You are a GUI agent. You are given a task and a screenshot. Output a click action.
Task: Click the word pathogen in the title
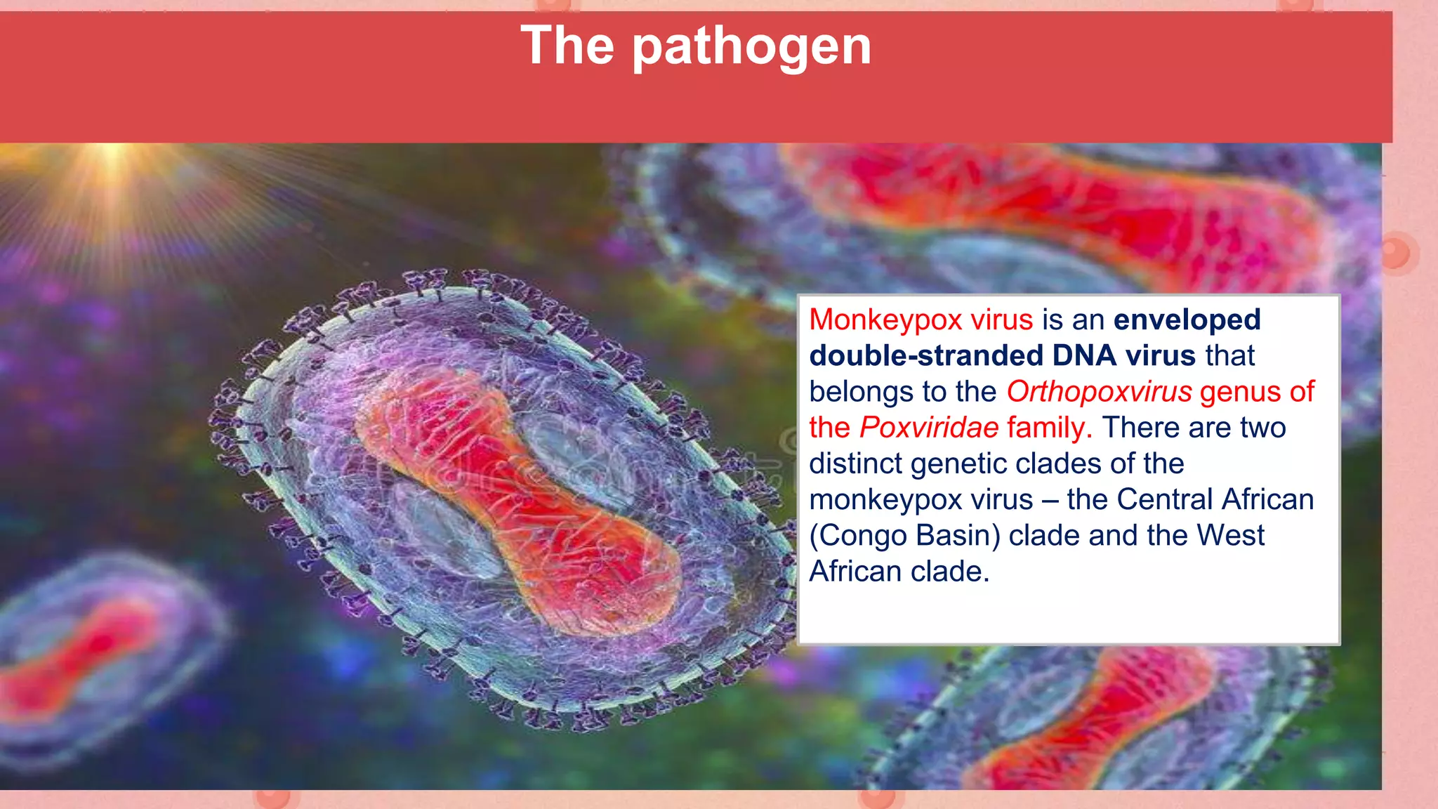pyautogui.click(x=752, y=46)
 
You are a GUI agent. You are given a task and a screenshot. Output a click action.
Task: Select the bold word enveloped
pyautogui.click(x=1187, y=320)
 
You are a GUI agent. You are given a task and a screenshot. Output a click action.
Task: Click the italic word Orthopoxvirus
pyautogui.click(x=1099, y=391)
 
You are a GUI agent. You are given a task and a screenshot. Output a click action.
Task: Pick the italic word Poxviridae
pyautogui.click(x=928, y=427)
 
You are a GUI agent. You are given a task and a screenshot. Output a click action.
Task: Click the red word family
pyautogui.click(x=1045, y=427)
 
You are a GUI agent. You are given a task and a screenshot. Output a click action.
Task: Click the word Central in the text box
pyautogui.click(x=1165, y=499)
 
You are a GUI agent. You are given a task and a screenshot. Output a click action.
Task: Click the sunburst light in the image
pyautogui.click(x=111, y=158)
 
